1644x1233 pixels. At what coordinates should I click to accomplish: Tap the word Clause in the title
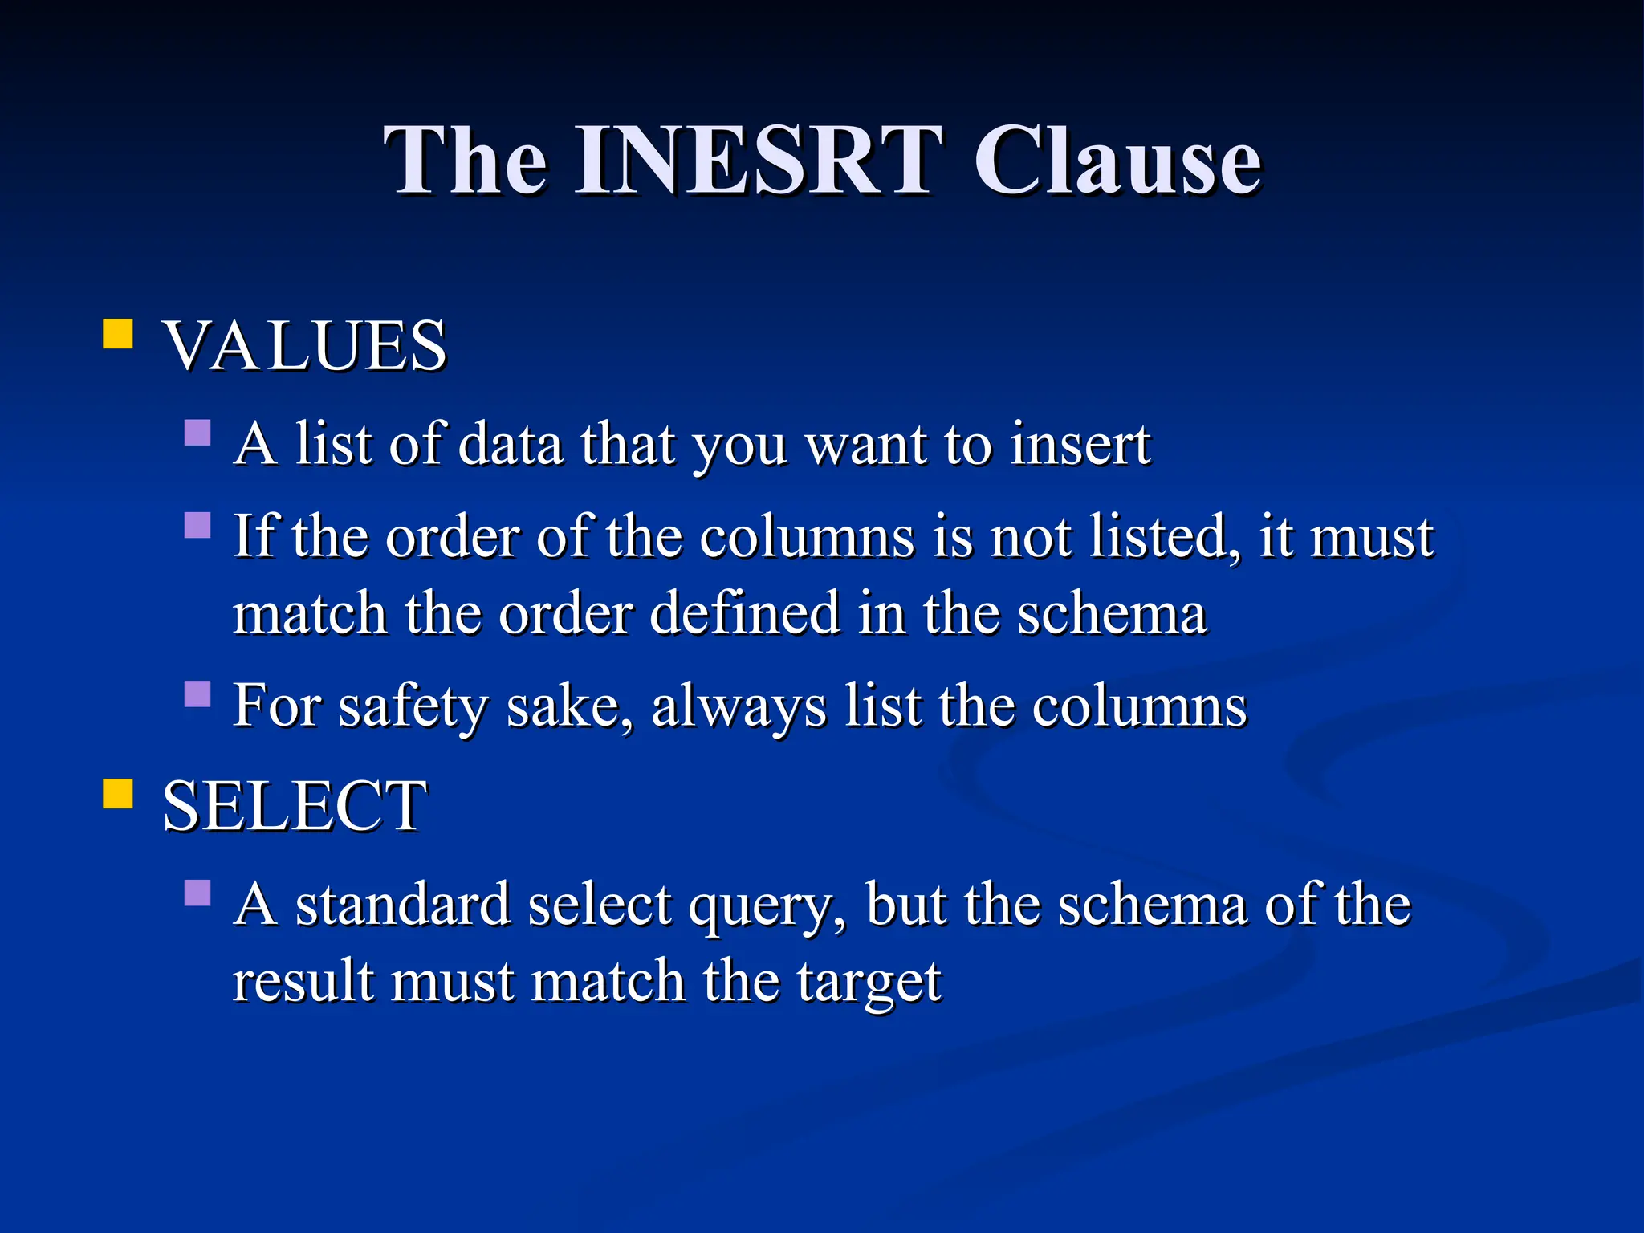tap(1117, 161)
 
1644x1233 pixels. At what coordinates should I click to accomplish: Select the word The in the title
tap(466, 161)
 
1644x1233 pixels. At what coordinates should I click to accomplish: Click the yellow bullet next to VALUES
tap(118, 334)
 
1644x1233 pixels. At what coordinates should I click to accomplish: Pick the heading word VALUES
tap(304, 346)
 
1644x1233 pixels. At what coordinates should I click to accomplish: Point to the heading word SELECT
tap(295, 806)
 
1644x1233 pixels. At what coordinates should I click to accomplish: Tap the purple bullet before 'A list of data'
tap(197, 433)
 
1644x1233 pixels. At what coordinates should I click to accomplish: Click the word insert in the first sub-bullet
tap(1080, 444)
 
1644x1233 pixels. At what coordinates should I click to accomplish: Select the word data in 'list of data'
tap(511, 444)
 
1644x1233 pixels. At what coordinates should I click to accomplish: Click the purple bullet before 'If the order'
tap(197, 526)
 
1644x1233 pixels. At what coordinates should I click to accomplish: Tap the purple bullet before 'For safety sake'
tap(197, 694)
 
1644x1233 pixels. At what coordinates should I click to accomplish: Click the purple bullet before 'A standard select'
tap(197, 893)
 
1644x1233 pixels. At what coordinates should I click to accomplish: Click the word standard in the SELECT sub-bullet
tap(403, 904)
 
